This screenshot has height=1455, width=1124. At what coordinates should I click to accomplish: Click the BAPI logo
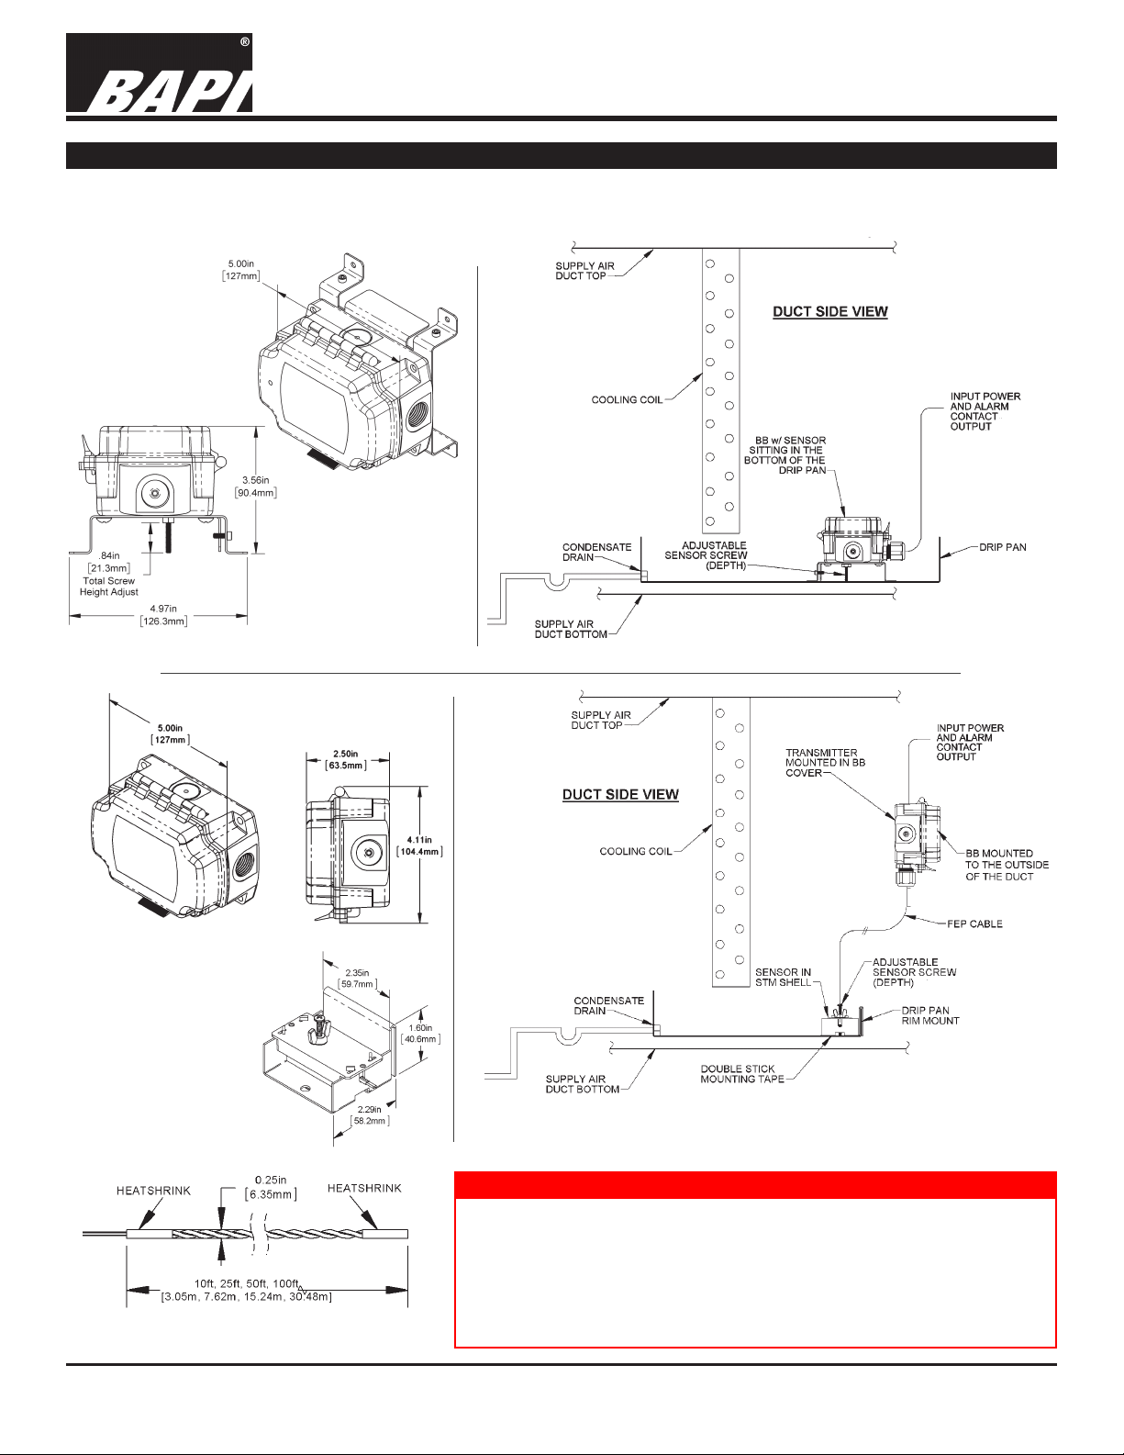(x=160, y=73)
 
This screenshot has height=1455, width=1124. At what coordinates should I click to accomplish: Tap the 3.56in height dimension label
(x=256, y=487)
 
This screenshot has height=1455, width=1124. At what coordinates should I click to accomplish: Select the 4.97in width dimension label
(x=164, y=615)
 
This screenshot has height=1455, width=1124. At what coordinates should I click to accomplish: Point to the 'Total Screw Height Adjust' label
(x=109, y=587)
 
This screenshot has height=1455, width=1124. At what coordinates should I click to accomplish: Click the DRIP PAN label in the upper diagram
(x=1002, y=547)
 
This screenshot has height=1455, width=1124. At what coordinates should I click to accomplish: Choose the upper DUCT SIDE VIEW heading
(x=830, y=311)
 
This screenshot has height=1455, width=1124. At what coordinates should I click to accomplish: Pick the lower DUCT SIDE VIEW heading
(x=620, y=794)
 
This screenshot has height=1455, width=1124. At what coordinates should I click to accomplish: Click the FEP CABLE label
(x=974, y=924)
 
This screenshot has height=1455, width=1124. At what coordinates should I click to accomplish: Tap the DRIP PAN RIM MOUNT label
(x=930, y=1016)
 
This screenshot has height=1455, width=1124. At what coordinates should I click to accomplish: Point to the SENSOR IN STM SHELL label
(x=783, y=977)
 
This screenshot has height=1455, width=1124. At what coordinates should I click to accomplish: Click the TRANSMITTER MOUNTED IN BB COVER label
(x=825, y=763)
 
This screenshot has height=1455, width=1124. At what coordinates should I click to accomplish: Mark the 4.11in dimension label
(x=419, y=845)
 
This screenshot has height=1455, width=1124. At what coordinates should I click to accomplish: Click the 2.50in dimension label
(x=346, y=759)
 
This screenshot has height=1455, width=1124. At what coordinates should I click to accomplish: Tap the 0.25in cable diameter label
(x=271, y=1187)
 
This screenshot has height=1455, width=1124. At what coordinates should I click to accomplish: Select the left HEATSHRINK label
(x=153, y=1191)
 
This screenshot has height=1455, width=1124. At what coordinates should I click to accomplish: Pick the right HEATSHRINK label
(x=364, y=1188)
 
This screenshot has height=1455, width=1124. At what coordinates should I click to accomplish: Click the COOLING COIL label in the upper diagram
(x=627, y=399)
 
